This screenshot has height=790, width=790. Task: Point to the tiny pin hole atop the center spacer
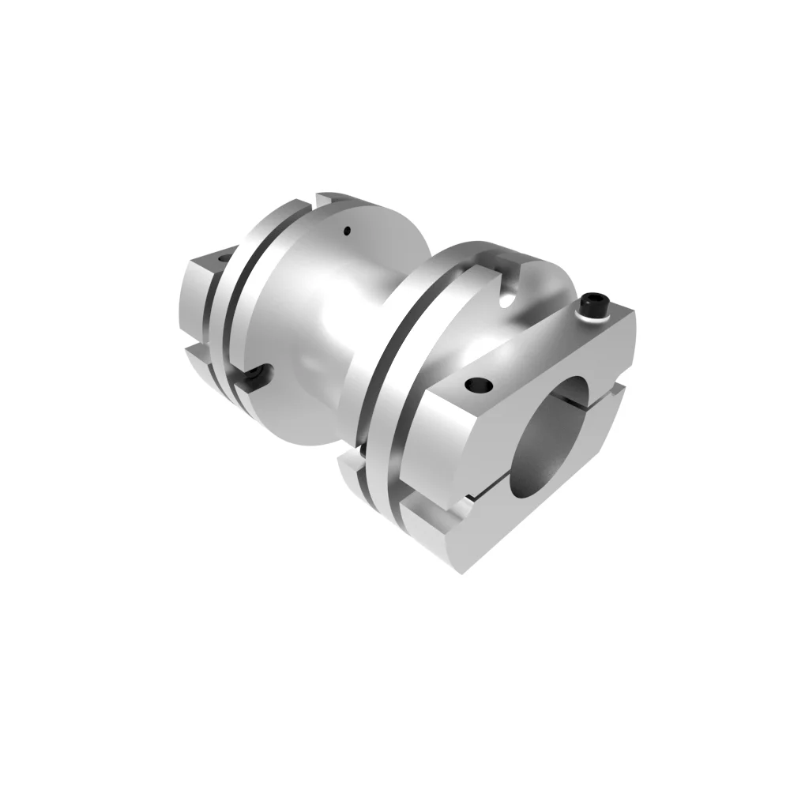pyautogui.click(x=346, y=231)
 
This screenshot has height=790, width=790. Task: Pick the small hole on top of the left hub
pyautogui.click(x=222, y=258)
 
